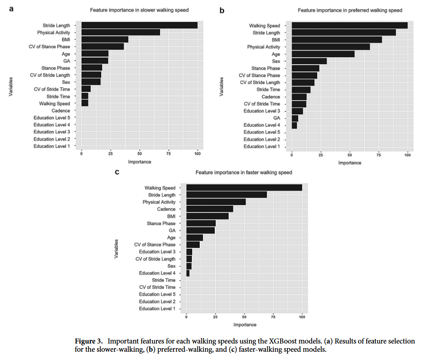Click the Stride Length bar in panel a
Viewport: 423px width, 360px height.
pos(139,26)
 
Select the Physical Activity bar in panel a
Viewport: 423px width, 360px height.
pos(120,32)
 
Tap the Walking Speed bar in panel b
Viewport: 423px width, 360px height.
pos(349,26)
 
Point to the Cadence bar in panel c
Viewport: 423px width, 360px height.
pos(210,209)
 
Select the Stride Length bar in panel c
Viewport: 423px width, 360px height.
pos(227,195)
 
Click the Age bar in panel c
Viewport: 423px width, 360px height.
pos(195,237)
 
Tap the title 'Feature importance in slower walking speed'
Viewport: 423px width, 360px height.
pos(139,10)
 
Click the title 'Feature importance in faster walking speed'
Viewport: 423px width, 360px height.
pos(244,173)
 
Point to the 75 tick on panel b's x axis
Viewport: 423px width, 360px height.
pos(379,155)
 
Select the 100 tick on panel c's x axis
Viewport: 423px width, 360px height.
pos(302,317)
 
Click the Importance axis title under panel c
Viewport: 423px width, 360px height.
pos(244,325)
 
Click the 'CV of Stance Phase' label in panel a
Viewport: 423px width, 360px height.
pos(50,47)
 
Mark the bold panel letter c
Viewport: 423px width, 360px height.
pos(117,172)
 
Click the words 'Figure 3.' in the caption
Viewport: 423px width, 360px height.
pos(89,342)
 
